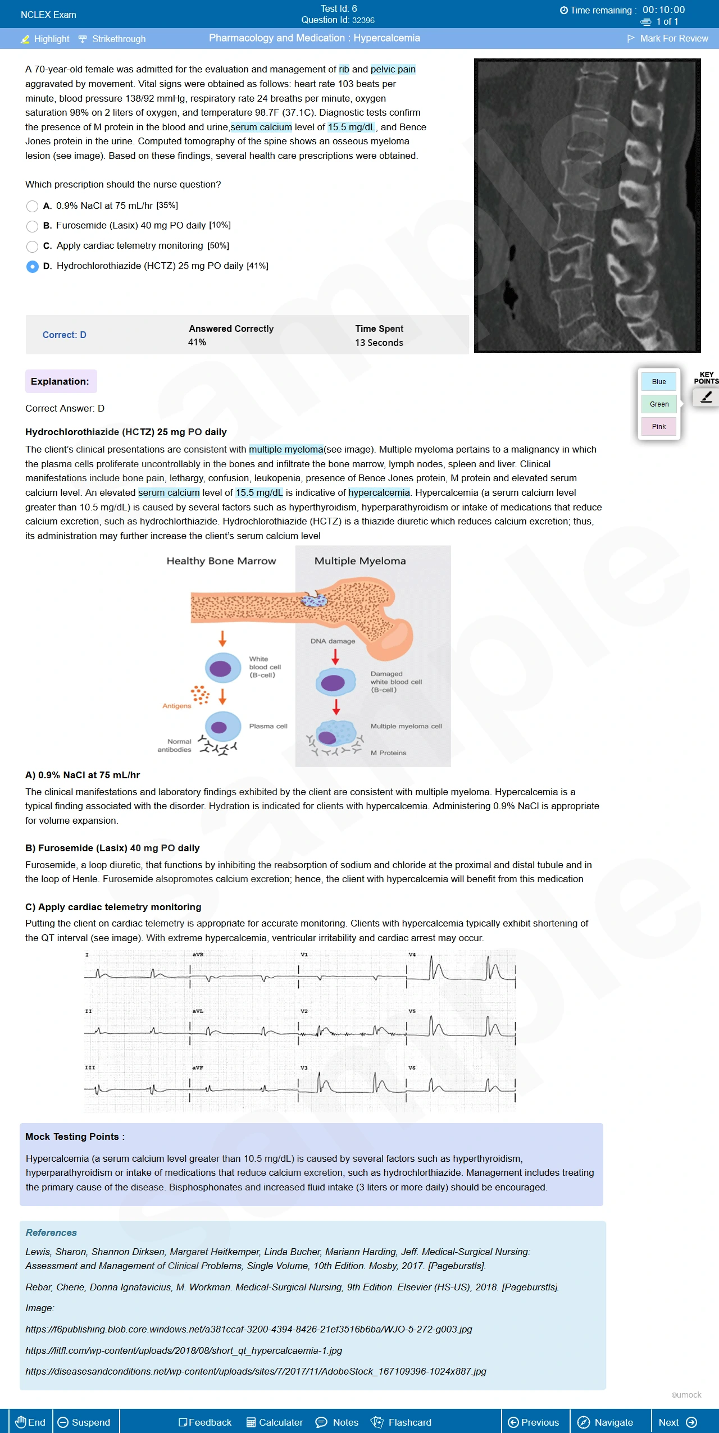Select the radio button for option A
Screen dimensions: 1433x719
[x=33, y=206]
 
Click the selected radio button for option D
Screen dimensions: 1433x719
[x=33, y=266]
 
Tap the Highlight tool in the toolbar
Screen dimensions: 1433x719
[x=45, y=39]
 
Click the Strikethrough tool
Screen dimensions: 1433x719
[x=112, y=39]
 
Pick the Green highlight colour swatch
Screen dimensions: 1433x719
[x=659, y=404]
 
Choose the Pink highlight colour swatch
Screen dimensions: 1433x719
[x=659, y=426]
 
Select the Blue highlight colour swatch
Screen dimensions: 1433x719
[x=659, y=381]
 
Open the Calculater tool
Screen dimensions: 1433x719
[x=275, y=1422]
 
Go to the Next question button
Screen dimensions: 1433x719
[x=677, y=1422]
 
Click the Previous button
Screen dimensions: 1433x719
[x=533, y=1422]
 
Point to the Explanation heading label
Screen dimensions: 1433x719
[x=60, y=381]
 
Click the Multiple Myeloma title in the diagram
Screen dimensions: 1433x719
[x=360, y=560]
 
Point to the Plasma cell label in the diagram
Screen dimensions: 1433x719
[x=268, y=726]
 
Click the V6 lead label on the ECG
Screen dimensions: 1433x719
[x=412, y=1067]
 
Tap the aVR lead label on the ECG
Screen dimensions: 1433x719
[x=198, y=955]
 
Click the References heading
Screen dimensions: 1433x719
[x=51, y=1233]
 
